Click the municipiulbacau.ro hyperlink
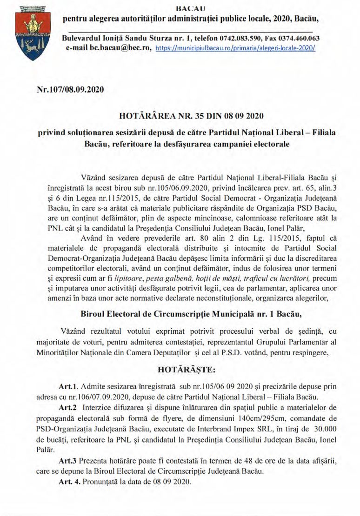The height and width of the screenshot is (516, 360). coord(235,48)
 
